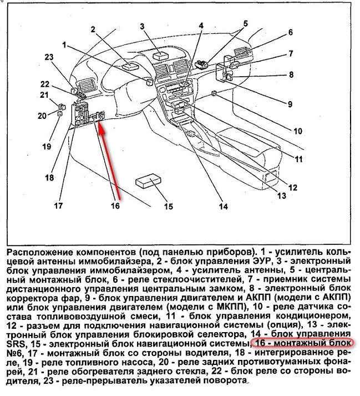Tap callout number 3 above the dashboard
(x=143, y=26)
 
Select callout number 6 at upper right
(x=290, y=32)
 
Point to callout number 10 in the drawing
(x=298, y=132)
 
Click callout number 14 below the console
(x=223, y=208)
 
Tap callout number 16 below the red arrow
(x=115, y=205)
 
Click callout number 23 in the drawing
(x=49, y=57)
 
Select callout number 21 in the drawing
(x=44, y=96)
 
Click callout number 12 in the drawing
(x=293, y=187)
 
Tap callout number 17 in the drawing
(x=58, y=208)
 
